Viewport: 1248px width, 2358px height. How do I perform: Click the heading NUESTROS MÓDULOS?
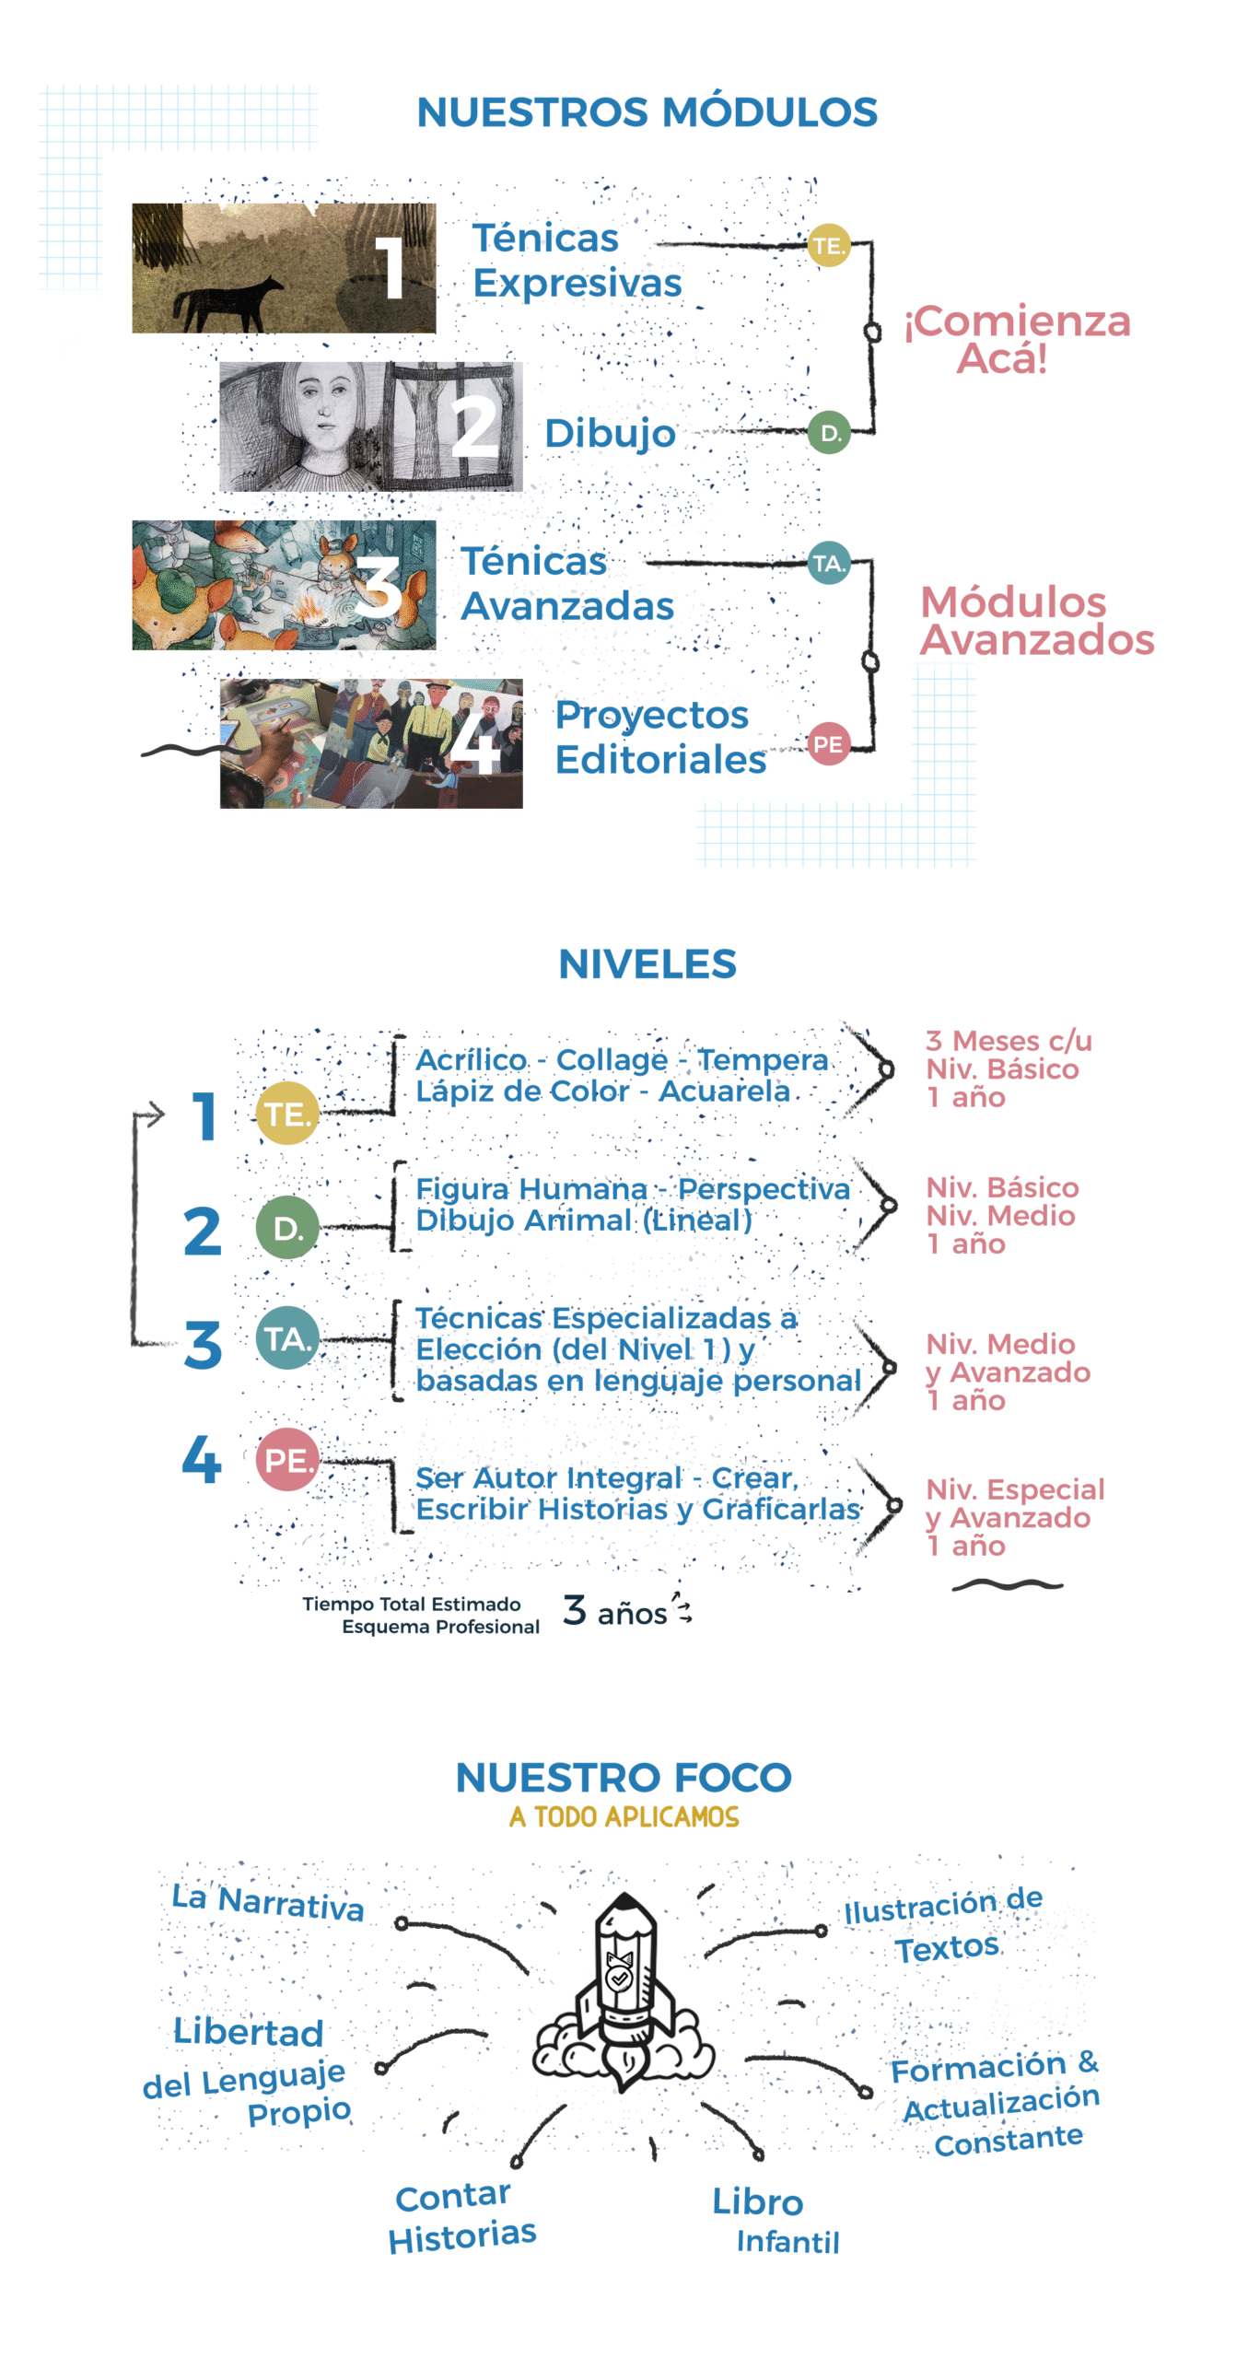[647, 112]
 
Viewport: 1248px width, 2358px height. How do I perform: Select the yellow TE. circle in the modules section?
[828, 246]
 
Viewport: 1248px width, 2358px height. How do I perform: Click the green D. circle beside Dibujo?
[829, 433]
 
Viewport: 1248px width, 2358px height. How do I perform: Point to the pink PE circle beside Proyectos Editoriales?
[828, 744]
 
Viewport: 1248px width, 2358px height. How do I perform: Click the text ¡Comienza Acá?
[1016, 339]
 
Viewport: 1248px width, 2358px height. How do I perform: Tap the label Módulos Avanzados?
[1036, 621]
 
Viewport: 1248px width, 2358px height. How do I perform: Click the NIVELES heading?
[647, 964]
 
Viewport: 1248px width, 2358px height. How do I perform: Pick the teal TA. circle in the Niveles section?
[287, 1338]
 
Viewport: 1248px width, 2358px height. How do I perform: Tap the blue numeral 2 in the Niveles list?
[203, 1232]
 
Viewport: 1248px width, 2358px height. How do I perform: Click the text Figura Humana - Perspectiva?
[633, 1189]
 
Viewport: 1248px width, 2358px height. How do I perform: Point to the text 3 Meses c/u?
[1009, 1041]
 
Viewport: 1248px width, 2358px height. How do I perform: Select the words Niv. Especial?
[1014, 1489]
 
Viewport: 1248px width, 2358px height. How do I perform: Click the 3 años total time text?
[614, 1612]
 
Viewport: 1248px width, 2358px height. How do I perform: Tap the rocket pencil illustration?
[624, 1990]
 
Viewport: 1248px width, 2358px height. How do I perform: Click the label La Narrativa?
[268, 1902]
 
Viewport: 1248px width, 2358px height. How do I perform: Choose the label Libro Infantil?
[774, 2220]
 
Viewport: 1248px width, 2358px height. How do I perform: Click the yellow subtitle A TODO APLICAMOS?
[624, 1816]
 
